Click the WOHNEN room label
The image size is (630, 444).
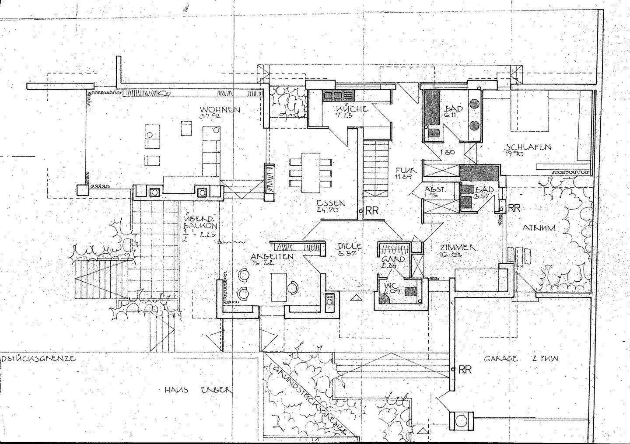coord(220,109)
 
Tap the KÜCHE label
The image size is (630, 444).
coord(352,109)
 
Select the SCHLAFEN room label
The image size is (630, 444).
coord(528,147)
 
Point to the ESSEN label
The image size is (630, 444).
coord(331,203)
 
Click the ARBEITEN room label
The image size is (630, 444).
coord(272,256)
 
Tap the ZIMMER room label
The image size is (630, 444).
coord(458,248)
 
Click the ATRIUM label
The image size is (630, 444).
coord(539,228)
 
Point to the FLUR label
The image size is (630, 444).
coord(406,170)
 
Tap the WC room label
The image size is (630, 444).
coord(391,287)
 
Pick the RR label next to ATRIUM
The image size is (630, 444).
coord(514,208)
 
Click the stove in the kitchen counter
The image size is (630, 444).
coord(333,95)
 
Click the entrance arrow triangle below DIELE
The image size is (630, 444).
coord(357,298)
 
